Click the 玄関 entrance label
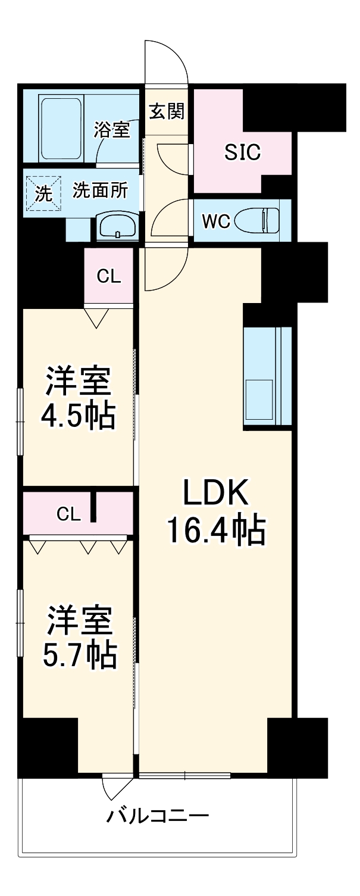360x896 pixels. [x=167, y=111]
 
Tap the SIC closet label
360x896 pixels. [x=242, y=153]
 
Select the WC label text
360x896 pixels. [x=215, y=221]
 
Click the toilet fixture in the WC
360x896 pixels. [x=259, y=221]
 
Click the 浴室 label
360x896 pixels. [x=111, y=130]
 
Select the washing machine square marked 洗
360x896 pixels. [x=43, y=192]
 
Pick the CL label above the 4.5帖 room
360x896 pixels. [x=108, y=276]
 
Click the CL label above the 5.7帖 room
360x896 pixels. [x=69, y=514]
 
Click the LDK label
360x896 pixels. [x=214, y=494]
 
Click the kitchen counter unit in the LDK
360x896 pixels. [x=267, y=377]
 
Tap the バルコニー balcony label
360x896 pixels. [x=158, y=814]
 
